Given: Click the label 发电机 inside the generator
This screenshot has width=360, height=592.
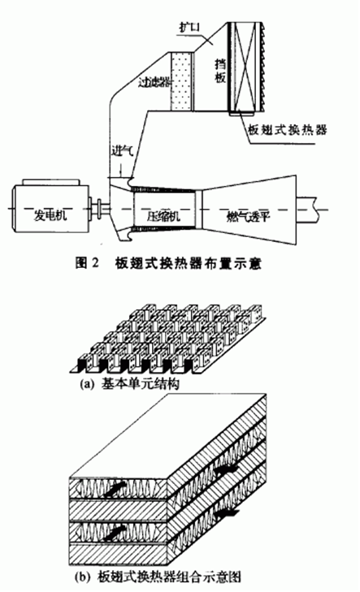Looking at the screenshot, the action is click(x=50, y=215).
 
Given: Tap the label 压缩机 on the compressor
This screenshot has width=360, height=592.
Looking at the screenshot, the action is click(x=163, y=215).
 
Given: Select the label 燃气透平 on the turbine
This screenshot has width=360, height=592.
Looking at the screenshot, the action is click(x=248, y=216).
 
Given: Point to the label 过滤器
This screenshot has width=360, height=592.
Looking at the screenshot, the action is click(x=154, y=83).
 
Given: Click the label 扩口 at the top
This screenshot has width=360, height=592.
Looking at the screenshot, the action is click(x=189, y=28).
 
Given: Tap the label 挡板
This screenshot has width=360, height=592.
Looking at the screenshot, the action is click(x=221, y=71).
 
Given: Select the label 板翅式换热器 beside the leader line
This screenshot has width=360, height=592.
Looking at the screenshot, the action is click(x=287, y=130).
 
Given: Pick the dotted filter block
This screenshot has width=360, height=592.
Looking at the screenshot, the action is click(x=182, y=81).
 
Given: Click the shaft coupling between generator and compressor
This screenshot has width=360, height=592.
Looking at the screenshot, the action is click(x=99, y=207).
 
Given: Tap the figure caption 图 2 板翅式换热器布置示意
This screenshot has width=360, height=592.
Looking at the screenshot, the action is click(x=168, y=263).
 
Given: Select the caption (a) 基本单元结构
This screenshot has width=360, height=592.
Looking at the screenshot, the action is click(x=129, y=384).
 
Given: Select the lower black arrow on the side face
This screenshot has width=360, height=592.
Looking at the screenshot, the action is click(x=228, y=512).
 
